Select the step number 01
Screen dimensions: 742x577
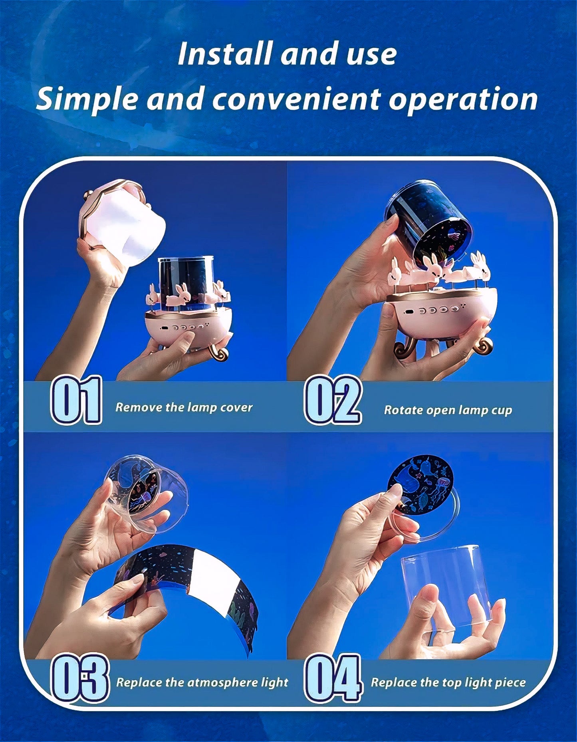[76, 400]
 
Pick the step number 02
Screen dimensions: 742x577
[333, 400]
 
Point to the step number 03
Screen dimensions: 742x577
[80, 677]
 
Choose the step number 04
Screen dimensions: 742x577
[333, 677]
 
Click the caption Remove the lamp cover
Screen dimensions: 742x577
[184, 407]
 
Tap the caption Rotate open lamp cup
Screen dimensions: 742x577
[448, 410]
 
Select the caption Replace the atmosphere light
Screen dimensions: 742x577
[202, 682]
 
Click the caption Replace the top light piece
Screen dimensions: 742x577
[448, 682]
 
